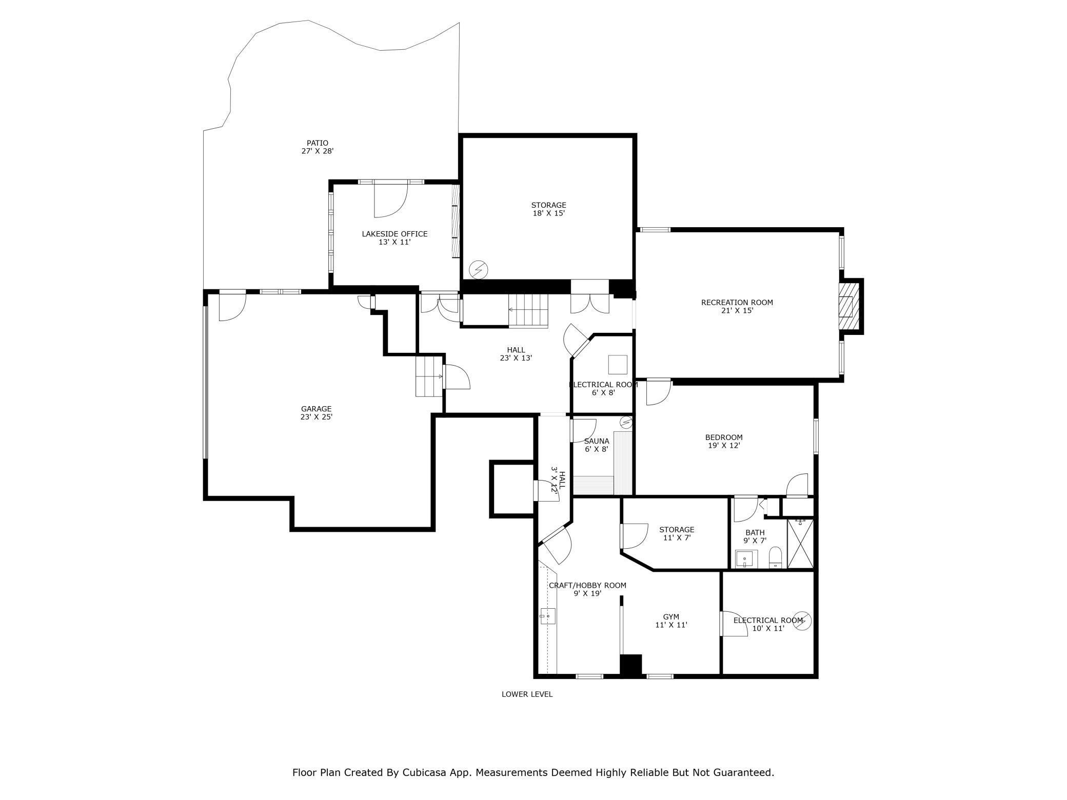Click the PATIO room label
(318, 143)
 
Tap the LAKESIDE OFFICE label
(394, 234)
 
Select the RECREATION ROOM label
(737, 303)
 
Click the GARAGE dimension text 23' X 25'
(317, 417)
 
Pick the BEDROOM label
(724, 437)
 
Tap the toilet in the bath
(775, 557)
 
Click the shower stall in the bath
(800, 544)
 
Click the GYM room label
(671, 617)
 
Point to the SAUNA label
(597, 441)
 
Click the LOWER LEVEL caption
(527, 694)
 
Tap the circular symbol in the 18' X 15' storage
(479, 269)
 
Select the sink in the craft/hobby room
(548, 615)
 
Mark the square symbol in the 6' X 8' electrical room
(618, 365)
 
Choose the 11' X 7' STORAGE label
(677, 530)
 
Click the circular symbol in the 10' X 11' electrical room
(802, 621)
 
